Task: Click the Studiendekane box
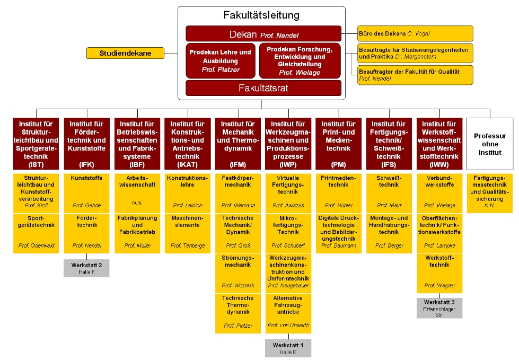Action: pyautogui.click(x=125, y=53)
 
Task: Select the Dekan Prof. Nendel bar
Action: pyautogui.click(x=263, y=34)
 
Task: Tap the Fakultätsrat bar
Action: pyautogui.click(x=263, y=88)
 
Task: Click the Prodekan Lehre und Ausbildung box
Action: pyautogui.click(x=221, y=61)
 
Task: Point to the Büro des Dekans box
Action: pyautogui.click(x=415, y=33)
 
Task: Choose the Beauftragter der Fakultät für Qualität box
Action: pyautogui.click(x=415, y=75)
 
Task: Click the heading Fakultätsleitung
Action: pyautogui.click(x=261, y=15)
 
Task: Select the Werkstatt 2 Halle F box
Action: pyautogui.click(x=86, y=268)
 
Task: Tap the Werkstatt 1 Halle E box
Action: pyautogui.click(x=288, y=348)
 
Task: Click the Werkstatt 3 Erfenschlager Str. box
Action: pyautogui.click(x=439, y=308)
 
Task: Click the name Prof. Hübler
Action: pyautogui.click(x=338, y=205)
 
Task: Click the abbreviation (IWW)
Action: pyautogui.click(x=438, y=164)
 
